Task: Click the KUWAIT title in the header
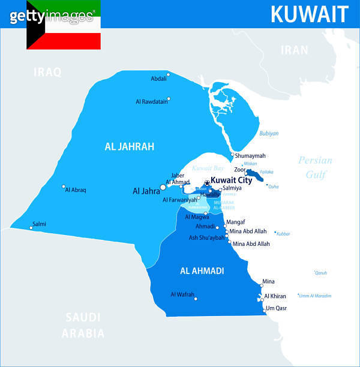[x=309, y=14]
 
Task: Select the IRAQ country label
[x=47, y=73]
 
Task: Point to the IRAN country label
[x=295, y=50]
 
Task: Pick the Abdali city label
[x=158, y=79]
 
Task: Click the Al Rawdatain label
[x=151, y=101]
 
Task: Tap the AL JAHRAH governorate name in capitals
[x=130, y=146]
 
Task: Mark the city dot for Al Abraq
[x=64, y=186]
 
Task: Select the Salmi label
[x=39, y=224]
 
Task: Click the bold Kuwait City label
[x=232, y=180]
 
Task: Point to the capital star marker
[x=207, y=183]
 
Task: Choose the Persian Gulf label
[x=315, y=167]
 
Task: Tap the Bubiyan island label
[x=269, y=134]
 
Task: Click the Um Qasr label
[x=277, y=308]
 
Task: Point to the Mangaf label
[x=236, y=222]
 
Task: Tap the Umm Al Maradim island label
[x=315, y=296]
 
